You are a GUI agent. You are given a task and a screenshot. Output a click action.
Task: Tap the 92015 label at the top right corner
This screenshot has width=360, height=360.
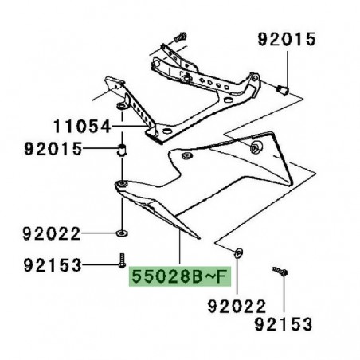[285, 38]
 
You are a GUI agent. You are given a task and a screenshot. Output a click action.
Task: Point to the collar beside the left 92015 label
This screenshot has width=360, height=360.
[120, 150]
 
